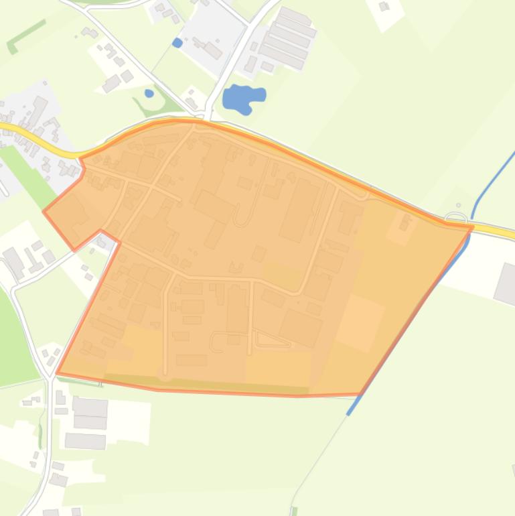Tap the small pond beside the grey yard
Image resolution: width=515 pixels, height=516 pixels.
[177, 43]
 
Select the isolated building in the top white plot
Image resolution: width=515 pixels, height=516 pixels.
[384, 7]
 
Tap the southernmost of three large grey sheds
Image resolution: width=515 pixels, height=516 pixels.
[85, 440]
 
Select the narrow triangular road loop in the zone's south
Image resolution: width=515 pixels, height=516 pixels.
[271, 340]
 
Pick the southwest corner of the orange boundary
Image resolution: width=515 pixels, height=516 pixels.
[57, 373]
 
